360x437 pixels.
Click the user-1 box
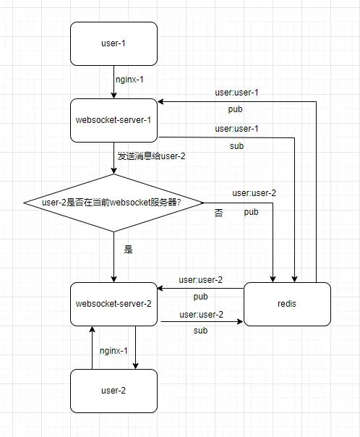pos(113,43)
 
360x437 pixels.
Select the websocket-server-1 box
pos(113,120)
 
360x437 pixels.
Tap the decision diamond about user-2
pos(113,203)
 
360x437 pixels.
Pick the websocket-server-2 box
pos(113,304)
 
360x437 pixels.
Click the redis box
pos(287,304)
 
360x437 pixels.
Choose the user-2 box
pos(113,391)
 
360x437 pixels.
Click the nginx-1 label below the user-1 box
pos(129,80)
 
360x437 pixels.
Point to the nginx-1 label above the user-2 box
pos(113,351)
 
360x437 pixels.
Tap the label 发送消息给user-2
pos(151,156)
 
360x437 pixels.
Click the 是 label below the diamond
pos(129,249)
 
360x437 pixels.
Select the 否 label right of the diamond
pos(218,213)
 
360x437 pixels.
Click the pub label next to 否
pos(251,212)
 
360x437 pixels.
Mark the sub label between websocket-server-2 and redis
pos(200,331)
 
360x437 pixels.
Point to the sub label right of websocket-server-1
pos(236,146)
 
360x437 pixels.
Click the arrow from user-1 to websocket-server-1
pos(113,82)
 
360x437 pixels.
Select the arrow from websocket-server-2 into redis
pos(202,322)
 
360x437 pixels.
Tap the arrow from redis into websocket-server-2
pos(200,289)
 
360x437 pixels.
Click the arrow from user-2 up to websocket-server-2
pos(92,348)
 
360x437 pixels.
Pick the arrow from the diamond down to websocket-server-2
pos(113,257)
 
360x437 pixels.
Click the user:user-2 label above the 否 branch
pos(254,193)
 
